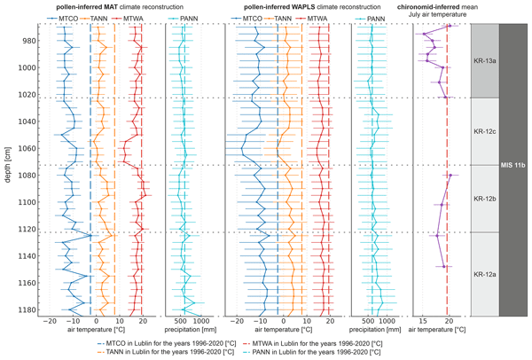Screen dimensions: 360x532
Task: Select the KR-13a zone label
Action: tap(485, 60)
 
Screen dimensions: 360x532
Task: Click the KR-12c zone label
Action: tap(485, 131)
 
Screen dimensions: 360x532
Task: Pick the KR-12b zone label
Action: tap(485, 199)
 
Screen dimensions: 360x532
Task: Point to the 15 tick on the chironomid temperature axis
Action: tap(423, 321)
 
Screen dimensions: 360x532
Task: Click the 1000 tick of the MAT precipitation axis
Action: tap(201, 321)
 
